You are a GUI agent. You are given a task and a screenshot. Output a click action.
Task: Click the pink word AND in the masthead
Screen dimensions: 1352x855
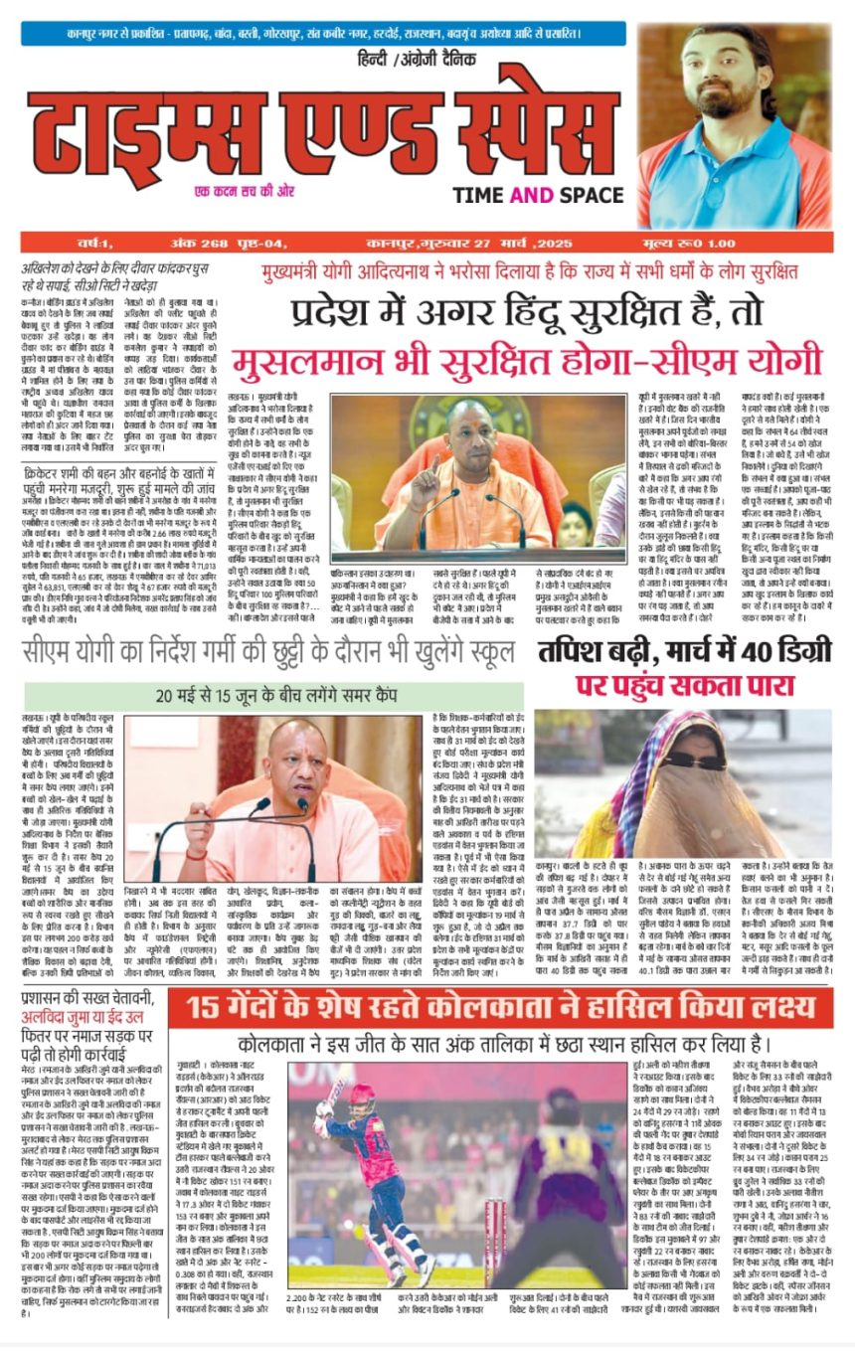pyautogui.click(x=531, y=196)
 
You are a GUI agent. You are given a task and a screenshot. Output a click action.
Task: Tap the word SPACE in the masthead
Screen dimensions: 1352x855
pyautogui.click(x=590, y=196)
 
